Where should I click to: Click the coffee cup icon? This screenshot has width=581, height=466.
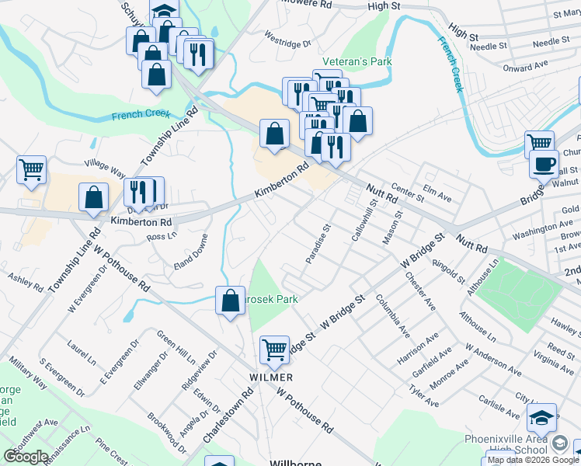(x=544, y=165)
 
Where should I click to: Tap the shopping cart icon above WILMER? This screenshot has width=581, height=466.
(x=274, y=350)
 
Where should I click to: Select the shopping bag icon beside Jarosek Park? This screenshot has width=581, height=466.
(x=230, y=301)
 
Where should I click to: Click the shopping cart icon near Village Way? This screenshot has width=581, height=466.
(x=31, y=169)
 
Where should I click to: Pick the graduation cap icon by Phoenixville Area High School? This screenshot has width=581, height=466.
(x=541, y=418)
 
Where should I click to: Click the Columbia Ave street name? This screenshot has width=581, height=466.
(x=392, y=315)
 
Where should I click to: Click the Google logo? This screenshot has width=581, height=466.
(x=26, y=457)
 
